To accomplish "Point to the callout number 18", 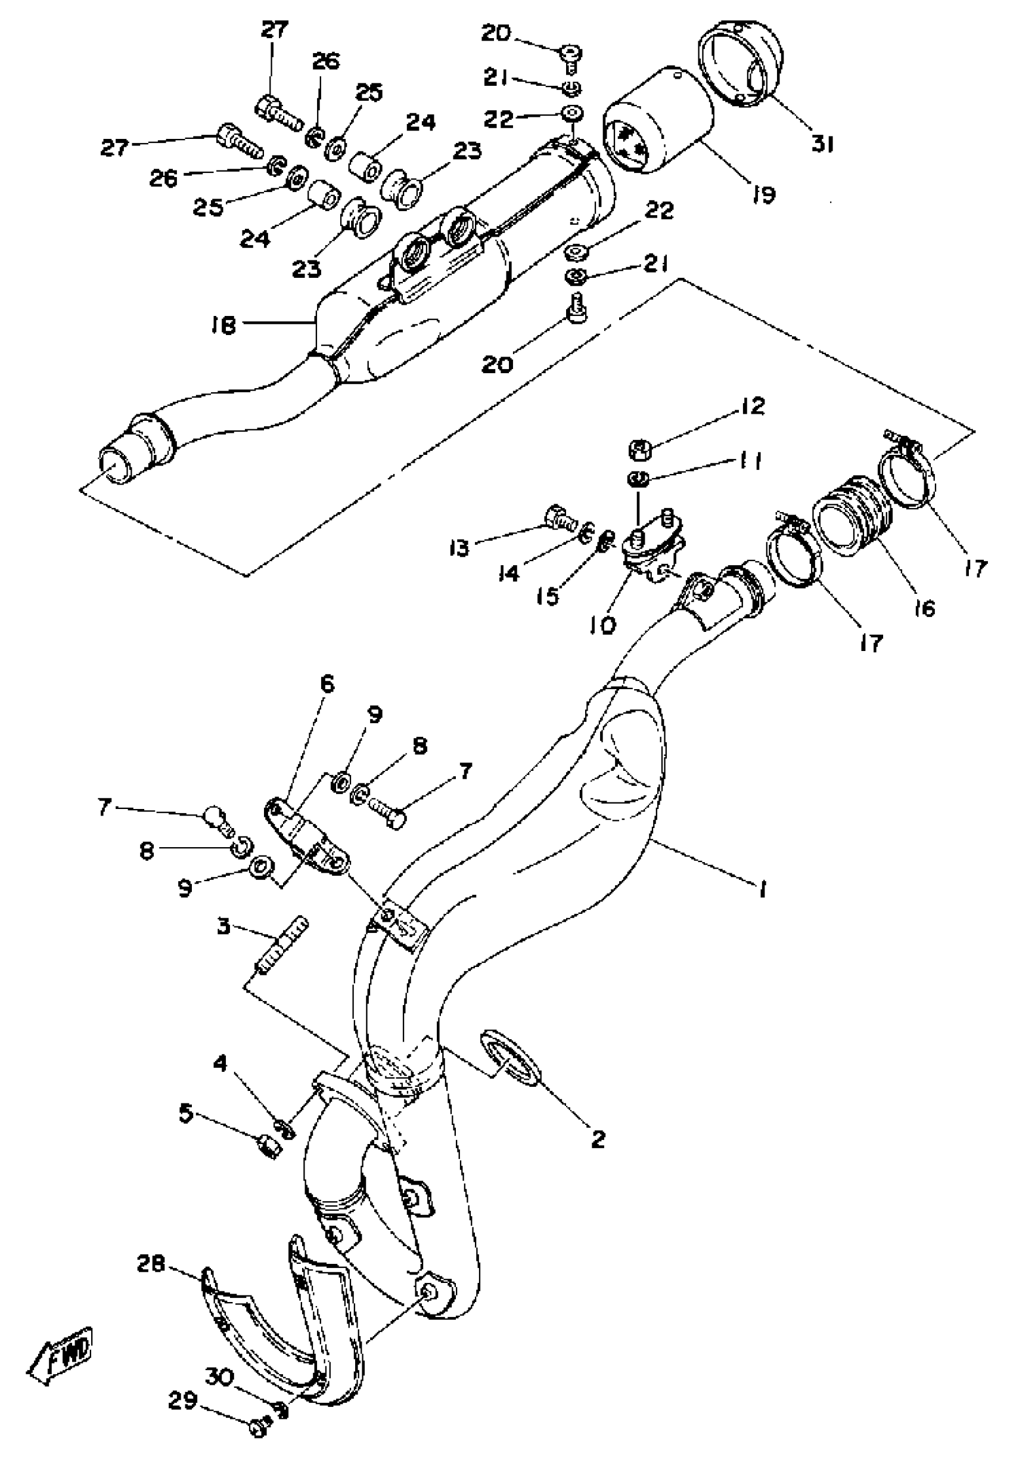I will tap(223, 326).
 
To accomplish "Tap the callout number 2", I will tap(598, 1139).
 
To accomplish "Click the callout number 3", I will tap(223, 926).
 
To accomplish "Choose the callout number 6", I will tap(327, 684).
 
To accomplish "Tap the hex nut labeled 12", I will tap(641, 450).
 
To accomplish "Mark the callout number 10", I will tap(601, 625).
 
